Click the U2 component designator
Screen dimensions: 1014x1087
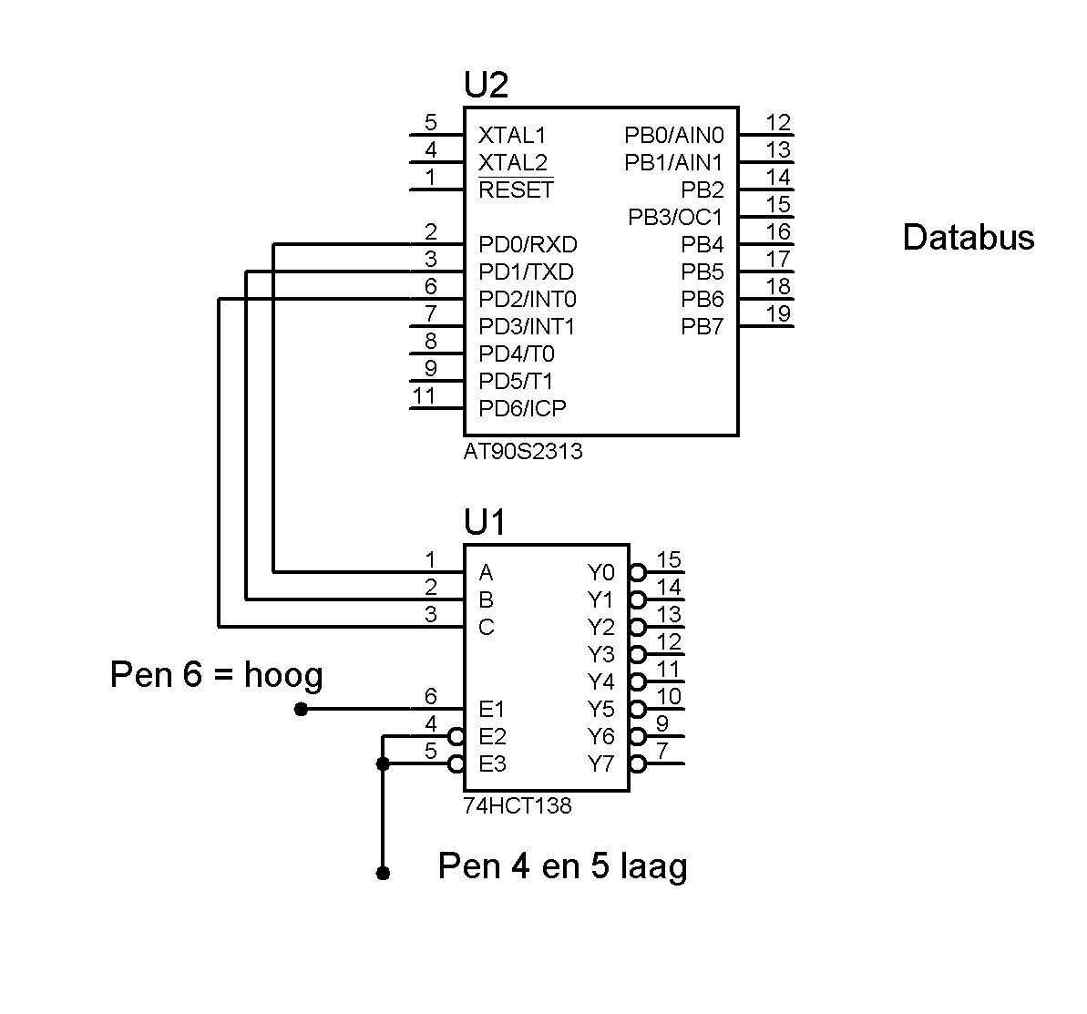tap(486, 86)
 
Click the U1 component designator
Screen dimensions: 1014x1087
tap(484, 524)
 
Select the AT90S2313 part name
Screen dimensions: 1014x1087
tap(522, 451)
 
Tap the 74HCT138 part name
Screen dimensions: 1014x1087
tap(517, 805)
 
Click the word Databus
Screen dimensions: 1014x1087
tap(968, 238)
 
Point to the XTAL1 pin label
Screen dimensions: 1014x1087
tap(512, 136)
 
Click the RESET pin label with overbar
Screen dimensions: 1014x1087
tap(516, 189)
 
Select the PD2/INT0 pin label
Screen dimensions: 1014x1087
tap(527, 300)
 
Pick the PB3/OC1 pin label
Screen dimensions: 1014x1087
tap(675, 218)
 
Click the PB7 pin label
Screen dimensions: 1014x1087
tap(702, 327)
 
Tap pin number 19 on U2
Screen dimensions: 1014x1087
tap(778, 314)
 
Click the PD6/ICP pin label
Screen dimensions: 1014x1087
tap(522, 409)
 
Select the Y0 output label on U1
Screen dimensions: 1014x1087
tap(600, 573)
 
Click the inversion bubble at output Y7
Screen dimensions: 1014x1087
tap(638, 763)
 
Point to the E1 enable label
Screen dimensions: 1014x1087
tap(491, 710)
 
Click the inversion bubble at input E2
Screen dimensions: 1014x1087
tap(456, 736)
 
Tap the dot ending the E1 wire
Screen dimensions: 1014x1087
tap(301, 709)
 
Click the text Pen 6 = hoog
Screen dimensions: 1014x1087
tap(216, 675)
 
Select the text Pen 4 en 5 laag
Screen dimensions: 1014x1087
tap(562, 865)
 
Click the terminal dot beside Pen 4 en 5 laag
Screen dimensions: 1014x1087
tap(383, 873)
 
